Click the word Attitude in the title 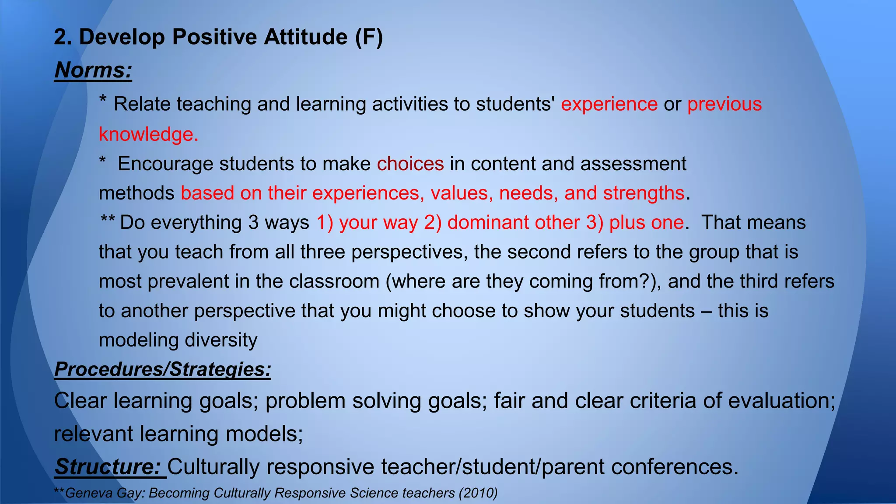pos(305,37)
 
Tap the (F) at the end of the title pos(369,37)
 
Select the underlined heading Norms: pos(93,70)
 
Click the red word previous pos(724,104)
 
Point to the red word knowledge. pos(148,134)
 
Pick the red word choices pos(410,164)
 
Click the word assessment pos(633,164)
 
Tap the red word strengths pos(644,193)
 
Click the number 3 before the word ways pos(253,222)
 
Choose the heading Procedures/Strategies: pos(163,369)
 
